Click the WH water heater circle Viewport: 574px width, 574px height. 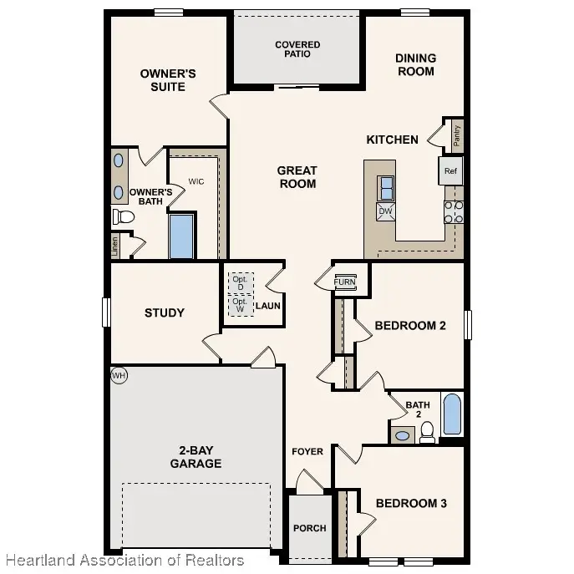tap(119, 375)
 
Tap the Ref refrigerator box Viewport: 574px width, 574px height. tap(450, 170)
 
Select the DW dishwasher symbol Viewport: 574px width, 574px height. tap(386, 211)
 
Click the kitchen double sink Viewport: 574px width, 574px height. tap(386, 188)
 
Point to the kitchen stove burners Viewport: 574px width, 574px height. tap(454, 212)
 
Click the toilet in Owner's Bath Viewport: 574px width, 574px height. tap(124, 216)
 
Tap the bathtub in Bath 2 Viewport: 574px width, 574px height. tap(453, 414)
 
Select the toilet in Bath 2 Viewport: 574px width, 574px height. tap(427, 432)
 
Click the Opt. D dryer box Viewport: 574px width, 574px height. tap(241, 283)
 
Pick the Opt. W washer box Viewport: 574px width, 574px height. tap(241, 305)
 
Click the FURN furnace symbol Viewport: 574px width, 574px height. tap(345, 282)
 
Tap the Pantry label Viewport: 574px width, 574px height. tap(457, 136)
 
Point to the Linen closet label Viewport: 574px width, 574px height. tap(115, 246)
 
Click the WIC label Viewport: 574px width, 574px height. tap(196, 181)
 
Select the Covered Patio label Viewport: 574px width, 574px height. tap(297, 49)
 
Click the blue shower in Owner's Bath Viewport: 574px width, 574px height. tap(181, 236)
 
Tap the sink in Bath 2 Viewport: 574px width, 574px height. tap(403, 435)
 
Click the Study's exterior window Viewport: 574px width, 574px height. tap(106, 312)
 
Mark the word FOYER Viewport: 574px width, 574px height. tap(307, 452)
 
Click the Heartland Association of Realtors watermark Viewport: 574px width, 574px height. tap(124, 561)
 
